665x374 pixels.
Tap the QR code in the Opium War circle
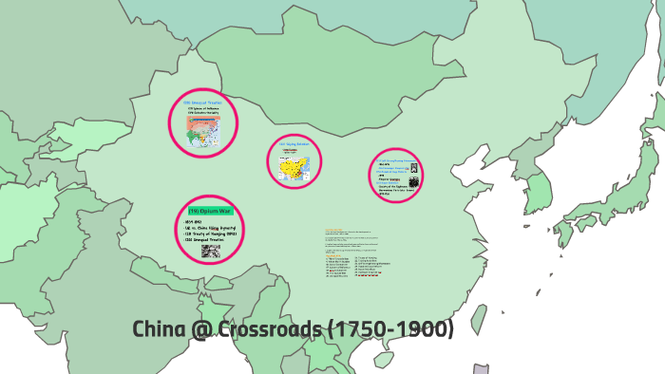click(210, 252)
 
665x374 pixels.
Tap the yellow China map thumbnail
click(294, 167)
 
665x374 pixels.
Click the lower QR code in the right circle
click(414, 182)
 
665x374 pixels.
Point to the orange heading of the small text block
click(333, 230)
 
